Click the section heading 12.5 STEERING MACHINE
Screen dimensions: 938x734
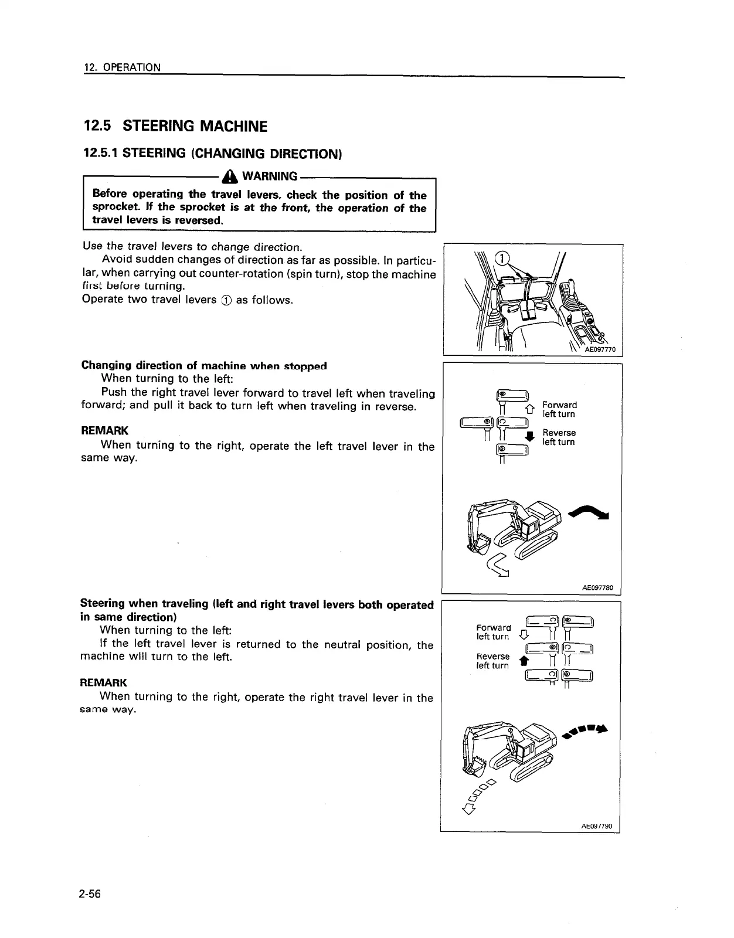(176, 126)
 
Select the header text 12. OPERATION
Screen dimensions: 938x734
(122, 67)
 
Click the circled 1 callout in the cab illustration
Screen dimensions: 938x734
(502, 259)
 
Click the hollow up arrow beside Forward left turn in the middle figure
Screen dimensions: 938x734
(531, 407)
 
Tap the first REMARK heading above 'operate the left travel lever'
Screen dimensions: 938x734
(104, 431)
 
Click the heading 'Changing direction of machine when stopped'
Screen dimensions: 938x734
(203, 366)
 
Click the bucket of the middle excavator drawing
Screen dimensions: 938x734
(481, 542)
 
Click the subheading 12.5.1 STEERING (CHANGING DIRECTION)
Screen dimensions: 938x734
(212, 154)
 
